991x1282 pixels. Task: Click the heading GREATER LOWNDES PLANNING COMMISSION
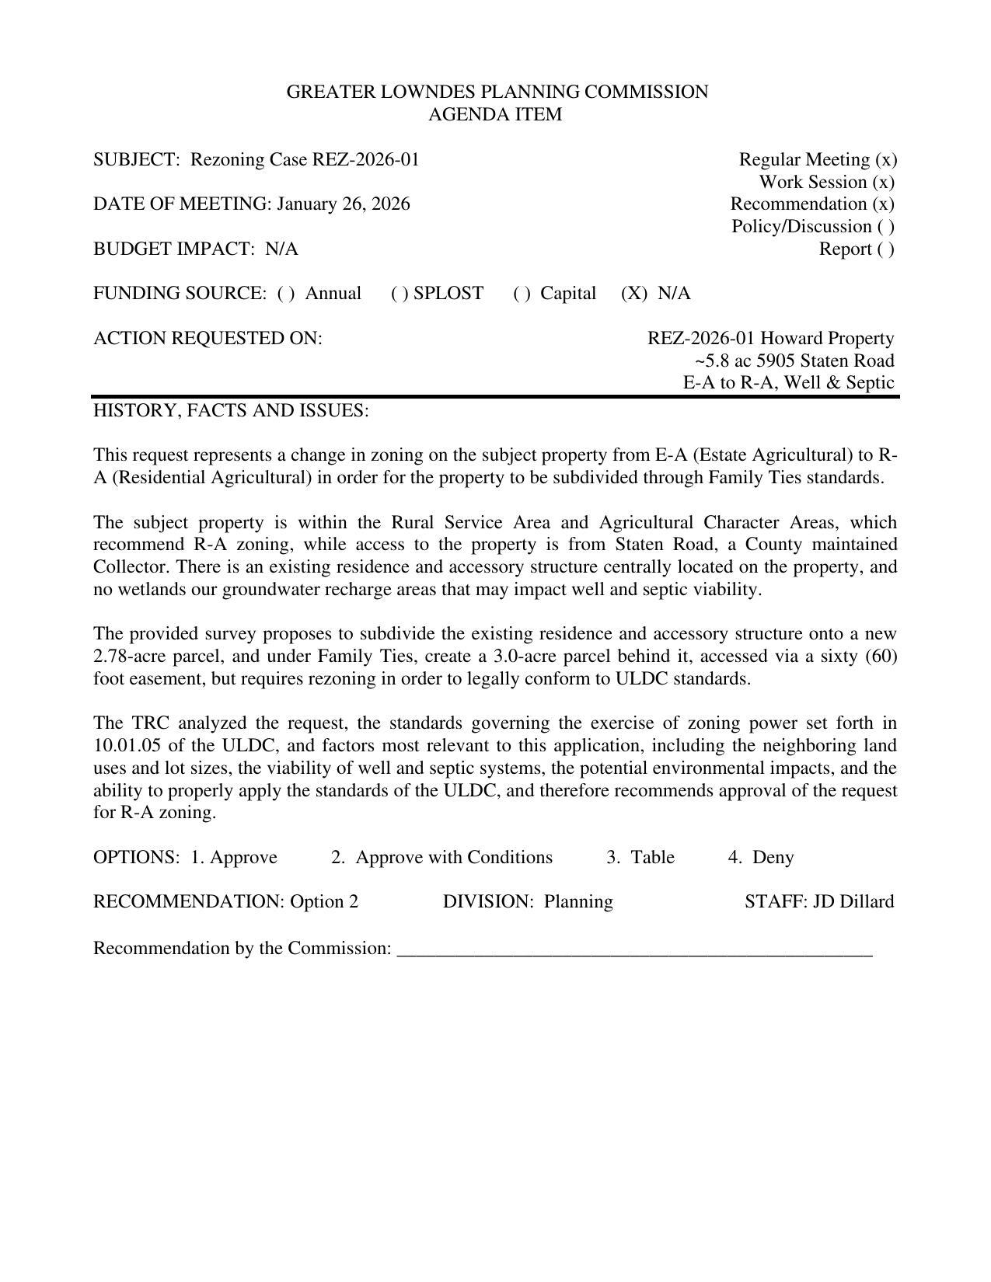497,92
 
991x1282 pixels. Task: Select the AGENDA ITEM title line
495,114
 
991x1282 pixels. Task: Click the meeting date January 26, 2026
343,204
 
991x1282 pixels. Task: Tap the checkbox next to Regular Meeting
886,159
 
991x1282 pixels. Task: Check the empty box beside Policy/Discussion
886,226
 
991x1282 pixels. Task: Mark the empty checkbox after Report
886,249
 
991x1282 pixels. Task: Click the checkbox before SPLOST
400,293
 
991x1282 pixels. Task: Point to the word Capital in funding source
568,293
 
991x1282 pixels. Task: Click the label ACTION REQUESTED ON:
208,338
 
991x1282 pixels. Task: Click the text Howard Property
827,338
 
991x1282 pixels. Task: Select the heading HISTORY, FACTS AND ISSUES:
231,410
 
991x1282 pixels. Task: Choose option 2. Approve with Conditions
441,857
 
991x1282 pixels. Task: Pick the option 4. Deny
761,857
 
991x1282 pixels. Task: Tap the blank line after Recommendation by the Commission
634,949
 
